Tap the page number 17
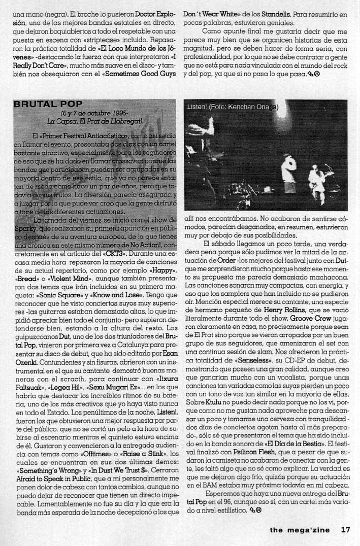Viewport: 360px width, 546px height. point(345,529)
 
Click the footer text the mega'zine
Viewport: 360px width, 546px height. point(300,530)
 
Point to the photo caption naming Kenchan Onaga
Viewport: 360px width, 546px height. point(231,107)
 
